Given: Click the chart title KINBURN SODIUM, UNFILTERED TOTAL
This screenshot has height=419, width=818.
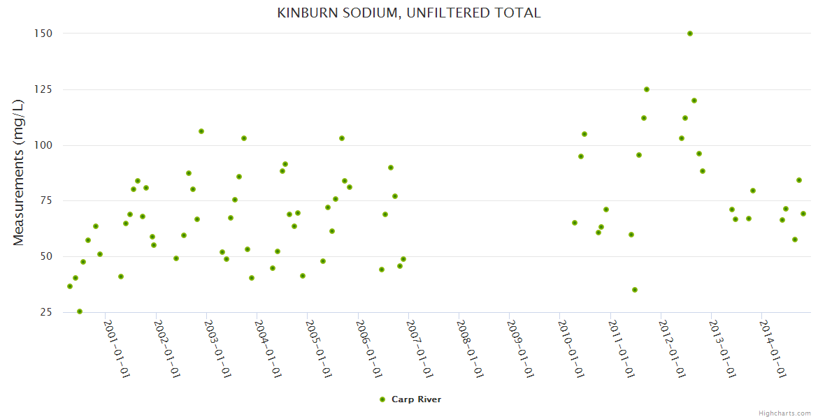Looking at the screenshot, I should pos(409,13).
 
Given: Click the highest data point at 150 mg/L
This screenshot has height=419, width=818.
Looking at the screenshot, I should pos(690,34).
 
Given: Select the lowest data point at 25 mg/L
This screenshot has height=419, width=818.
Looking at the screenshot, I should pos(80,311).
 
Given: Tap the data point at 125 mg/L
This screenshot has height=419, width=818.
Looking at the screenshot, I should pos(647,89).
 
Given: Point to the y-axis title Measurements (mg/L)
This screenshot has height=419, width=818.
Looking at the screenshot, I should pos(19,172).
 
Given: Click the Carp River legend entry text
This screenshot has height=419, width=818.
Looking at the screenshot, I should pos(416,399).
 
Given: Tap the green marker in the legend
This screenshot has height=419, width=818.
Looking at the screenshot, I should pos(382,399).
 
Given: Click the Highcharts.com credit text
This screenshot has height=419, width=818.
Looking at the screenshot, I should pos(784,413).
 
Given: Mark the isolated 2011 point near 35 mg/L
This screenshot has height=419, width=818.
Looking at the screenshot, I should pos(635,290).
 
